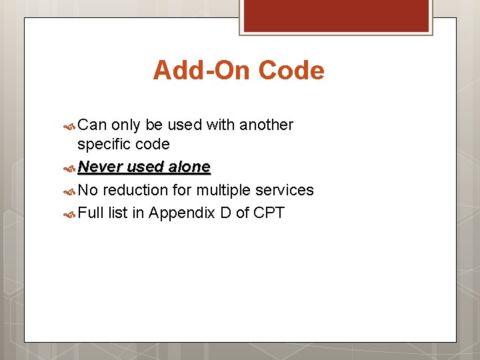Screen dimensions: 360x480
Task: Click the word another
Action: point(266,125)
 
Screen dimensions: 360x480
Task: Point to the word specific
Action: point(103,144)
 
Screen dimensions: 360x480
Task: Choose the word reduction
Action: point(136,190)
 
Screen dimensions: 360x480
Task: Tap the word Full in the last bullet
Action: point(90,213)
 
